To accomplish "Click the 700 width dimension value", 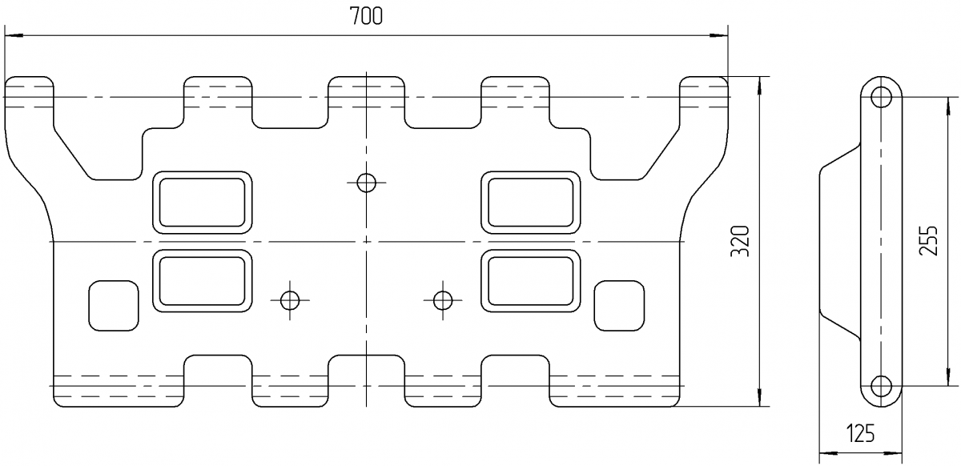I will (x=367, y=17).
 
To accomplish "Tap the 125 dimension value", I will (x=860, y=435).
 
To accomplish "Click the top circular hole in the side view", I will (x=882, y=98).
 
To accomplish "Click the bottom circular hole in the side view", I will (x=882, y=385).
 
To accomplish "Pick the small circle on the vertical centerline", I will (x=367, y=183).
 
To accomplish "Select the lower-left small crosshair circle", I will (x=290, y=300).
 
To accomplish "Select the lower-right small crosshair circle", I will (x=442, y=300).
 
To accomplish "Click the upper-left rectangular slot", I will (x=202, y=202).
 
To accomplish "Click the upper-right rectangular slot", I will (x=531, y=202).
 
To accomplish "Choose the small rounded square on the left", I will (x=111, y=305).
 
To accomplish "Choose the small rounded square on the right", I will (x=620, y=305).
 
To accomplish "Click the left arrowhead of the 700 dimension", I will (x=11, y=35).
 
